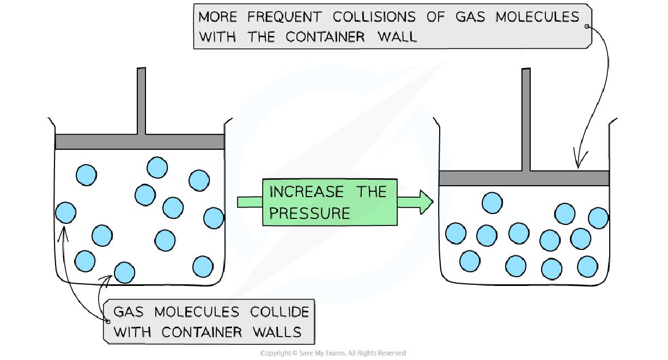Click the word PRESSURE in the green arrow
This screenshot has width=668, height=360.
coord(309,213)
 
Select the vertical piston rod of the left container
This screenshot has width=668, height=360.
coord(142,100)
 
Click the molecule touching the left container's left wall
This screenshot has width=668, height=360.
coord(65,212)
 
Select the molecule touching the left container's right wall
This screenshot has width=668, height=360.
coord(214,218)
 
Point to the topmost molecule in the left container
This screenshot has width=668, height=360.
coord(157,167)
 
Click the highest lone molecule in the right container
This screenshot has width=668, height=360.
coord(493,203)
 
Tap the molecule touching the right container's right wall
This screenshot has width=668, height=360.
coord(598,218)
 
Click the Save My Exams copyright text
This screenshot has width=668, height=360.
coord(333,353)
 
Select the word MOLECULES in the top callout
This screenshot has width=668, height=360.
coord(537,17)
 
